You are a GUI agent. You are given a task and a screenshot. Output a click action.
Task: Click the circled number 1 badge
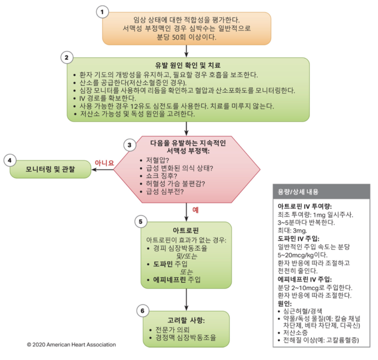[x=102, y=12]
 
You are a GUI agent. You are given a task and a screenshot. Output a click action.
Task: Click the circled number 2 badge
[x=67, y=58]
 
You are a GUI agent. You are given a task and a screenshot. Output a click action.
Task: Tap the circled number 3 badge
[x=130, y=145]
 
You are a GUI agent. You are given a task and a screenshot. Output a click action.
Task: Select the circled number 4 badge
[x=10, y=161]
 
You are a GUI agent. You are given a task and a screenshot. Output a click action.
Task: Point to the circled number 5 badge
[x=140, y=222]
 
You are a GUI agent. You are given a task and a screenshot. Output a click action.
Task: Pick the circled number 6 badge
[x=142, y=311]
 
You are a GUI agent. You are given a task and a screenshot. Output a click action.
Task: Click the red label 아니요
[x=104, y=163]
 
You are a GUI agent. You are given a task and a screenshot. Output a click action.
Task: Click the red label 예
[x=196, y=210]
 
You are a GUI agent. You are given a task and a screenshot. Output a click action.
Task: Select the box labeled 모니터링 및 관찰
[x=50, y=169]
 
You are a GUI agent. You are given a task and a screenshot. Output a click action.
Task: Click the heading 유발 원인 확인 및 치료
[x=187, y=65]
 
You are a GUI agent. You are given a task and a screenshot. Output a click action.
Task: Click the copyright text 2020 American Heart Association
[x=71, y=345]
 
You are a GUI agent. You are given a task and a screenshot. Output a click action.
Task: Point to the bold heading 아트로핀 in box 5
[x=186, y=230]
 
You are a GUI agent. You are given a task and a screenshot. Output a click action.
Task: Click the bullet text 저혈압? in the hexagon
[x=158, y=160]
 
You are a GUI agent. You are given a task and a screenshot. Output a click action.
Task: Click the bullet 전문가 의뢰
[x=172, y=329]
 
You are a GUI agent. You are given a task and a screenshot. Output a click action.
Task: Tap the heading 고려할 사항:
[x=186, y=320]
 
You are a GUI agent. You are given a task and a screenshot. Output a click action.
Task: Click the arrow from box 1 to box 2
[x=186, y=51]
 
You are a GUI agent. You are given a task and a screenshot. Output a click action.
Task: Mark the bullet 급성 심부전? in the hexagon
[x=165, y=192]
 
